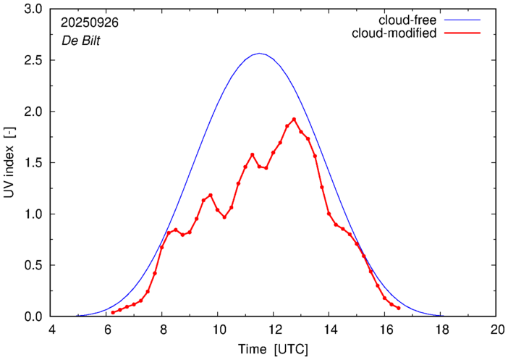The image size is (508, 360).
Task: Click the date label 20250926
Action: tap(90, 22)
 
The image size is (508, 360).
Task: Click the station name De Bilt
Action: tap(80, 41)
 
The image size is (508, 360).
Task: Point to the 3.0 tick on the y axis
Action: tap(33, 9)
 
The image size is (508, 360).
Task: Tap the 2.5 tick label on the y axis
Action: tap(33, 61)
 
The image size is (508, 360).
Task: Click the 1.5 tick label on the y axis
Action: tap(33, 163)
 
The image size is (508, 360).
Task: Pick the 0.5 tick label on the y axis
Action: tap(33, 265)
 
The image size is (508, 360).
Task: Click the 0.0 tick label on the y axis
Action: tap(33, 317)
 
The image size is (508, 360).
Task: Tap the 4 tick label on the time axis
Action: tap(51, 330)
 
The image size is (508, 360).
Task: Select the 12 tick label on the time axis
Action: tap(274, 330)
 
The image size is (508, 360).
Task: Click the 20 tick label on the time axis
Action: tap(496, 330)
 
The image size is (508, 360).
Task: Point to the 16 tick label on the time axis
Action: tap(385, 330)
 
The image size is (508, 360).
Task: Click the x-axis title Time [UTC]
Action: tap(274, 349)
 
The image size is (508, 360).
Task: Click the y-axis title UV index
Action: tap(10, 163)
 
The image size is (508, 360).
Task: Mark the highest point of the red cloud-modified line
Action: tap(294, 120)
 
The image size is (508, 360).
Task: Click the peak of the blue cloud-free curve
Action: tap(261, 54)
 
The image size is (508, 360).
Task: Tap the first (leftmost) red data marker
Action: tap(113, 312)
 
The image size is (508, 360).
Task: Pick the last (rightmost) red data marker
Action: tap(399, 308)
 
